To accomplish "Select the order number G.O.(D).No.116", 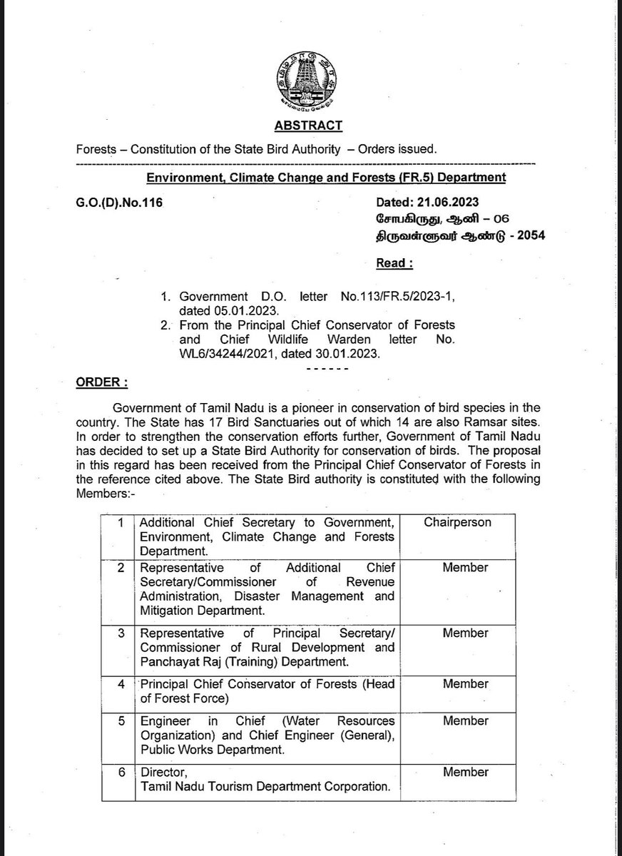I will point(118,203).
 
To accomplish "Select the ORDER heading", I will point(101,382).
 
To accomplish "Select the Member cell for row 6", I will point(465,771).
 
